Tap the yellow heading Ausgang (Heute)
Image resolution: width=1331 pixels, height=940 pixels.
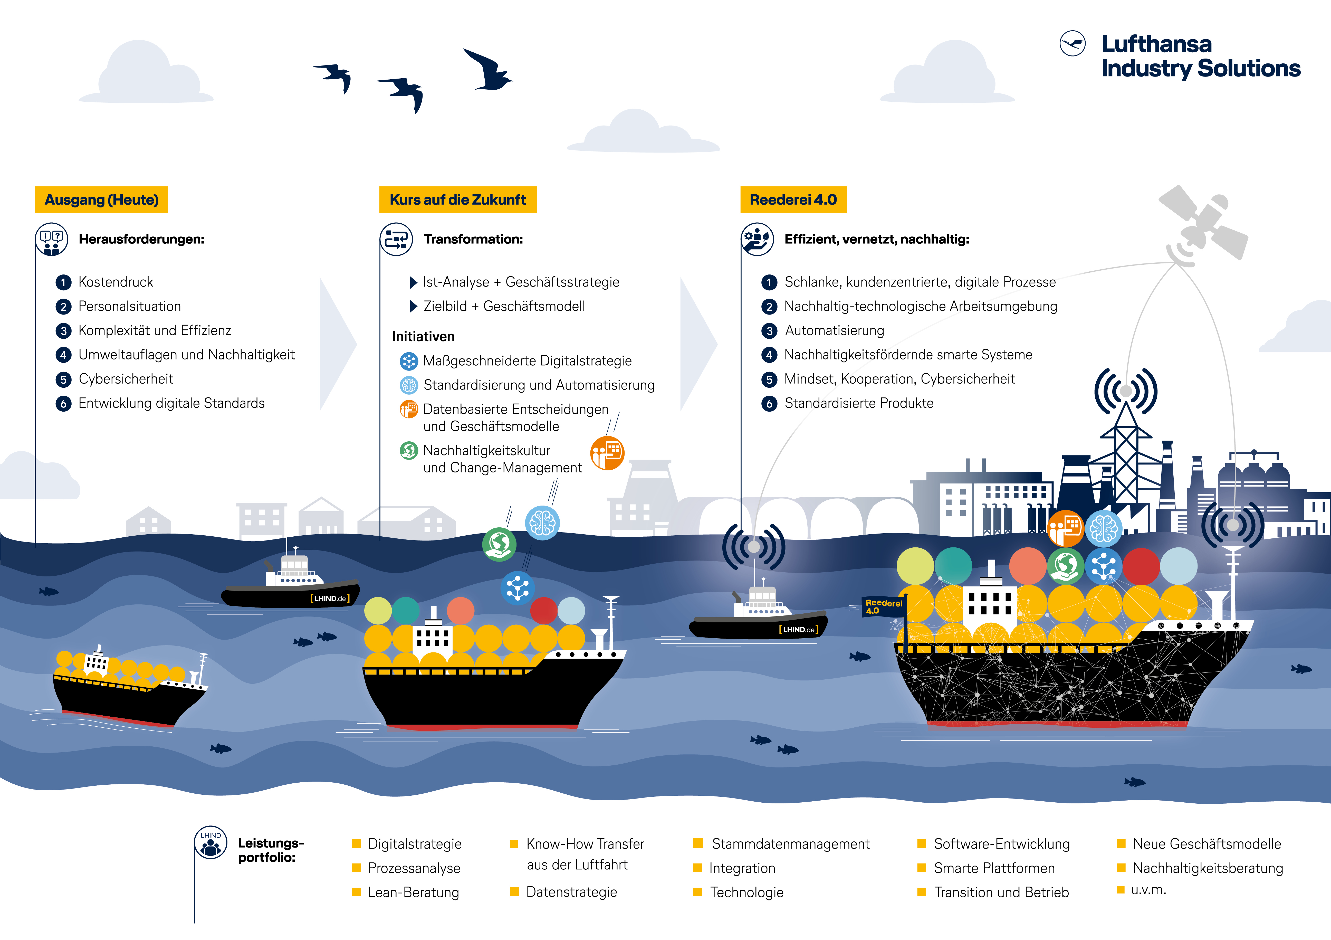pyautogui.click(x=101, y=200)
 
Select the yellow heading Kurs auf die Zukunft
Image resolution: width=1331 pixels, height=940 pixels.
pyautogui.click(x=458, y=200)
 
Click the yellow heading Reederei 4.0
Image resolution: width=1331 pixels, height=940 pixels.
pyautogui.click(x=793, y=200)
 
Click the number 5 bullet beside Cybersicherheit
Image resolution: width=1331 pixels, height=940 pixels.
pyautogui.click(x=63, y=379)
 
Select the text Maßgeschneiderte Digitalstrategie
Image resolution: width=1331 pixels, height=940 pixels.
pyautogui.click(x=528, y=361)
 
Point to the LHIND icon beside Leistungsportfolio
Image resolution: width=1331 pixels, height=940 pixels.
pyautogui.click(x=210, y=843)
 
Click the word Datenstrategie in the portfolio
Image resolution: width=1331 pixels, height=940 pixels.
pyautogui.click(x=572, y=892)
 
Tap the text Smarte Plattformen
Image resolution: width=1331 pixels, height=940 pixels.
pyautogui.click(x=994, y=868)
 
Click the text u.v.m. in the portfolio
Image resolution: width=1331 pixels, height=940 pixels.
pyautogui.click(x=1148, y=890)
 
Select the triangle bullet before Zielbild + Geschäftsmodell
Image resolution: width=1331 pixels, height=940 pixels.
pyautogui.click(x=413, y=306)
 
